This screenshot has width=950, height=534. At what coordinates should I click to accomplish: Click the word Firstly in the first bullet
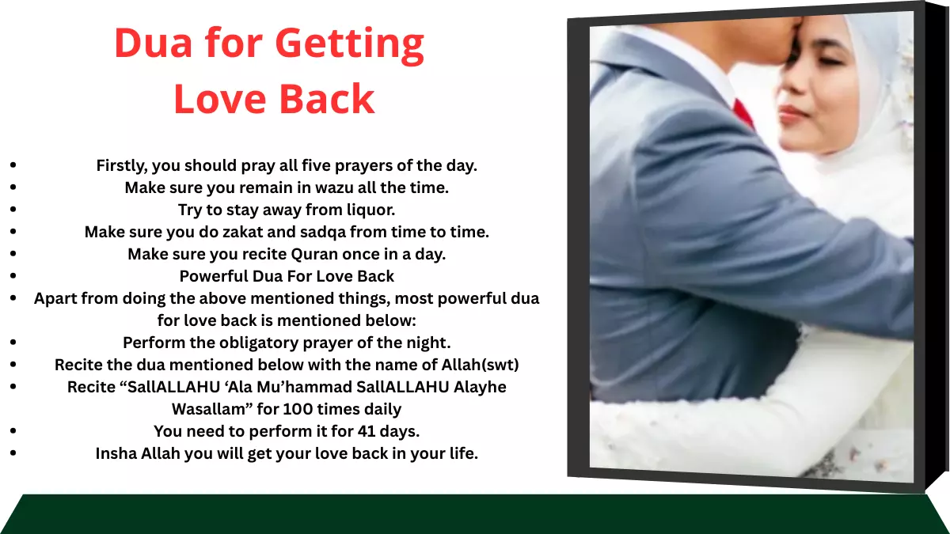click(x=121, y=166)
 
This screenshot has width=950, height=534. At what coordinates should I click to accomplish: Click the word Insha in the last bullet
click(x=117, y=454)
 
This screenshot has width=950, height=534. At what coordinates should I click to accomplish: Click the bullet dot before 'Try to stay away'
click(x=14, y=210)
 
